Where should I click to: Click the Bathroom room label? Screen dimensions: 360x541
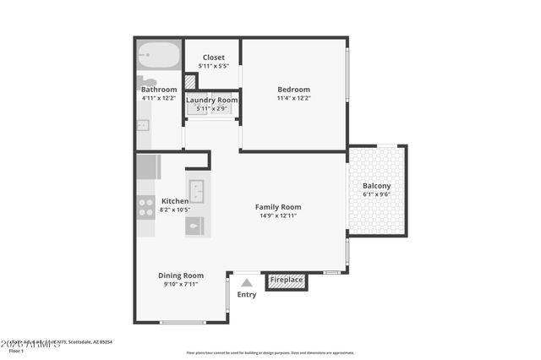[159, 90]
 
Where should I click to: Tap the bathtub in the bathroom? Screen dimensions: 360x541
[159, 56]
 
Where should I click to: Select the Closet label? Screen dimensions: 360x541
[213, 57]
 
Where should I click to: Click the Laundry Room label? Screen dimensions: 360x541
[211, 100]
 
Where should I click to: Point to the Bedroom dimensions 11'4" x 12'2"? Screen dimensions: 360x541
[294, 98]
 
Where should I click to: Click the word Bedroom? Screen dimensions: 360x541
[294, 90]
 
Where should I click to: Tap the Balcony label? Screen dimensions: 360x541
[376, 185]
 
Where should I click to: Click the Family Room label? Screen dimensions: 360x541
[278, 207]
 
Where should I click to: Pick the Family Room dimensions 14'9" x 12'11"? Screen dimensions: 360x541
[278, 215]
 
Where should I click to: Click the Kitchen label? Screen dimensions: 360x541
[175, 201]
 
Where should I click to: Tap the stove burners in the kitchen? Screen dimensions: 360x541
[146, 207]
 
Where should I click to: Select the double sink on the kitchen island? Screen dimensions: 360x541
[196, 188]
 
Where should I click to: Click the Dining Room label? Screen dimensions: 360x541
[181, 275]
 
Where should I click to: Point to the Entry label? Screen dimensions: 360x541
[246, 295]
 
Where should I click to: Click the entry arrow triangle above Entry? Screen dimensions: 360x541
[246, 283]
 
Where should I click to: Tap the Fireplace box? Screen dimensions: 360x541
[287, 280]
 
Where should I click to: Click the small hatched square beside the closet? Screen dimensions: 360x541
[190, 82]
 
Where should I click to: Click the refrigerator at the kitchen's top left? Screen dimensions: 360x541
[147, 166]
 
